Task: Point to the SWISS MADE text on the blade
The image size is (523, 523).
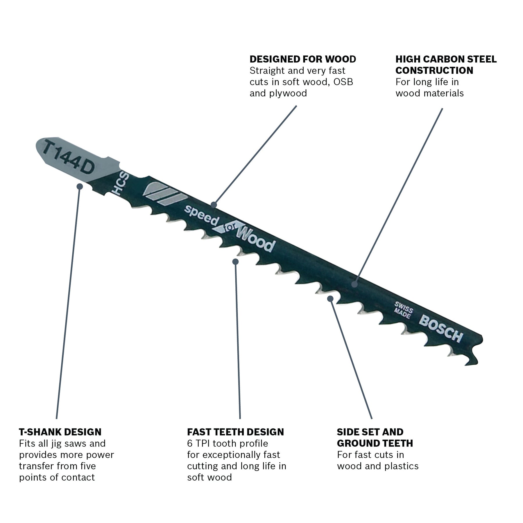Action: (x=403, y=310)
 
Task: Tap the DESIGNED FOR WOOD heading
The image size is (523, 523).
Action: (x=302, y=59)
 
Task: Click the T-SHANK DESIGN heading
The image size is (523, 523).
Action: (x=60, y=432)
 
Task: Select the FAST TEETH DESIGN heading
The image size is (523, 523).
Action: (x=235, y=432)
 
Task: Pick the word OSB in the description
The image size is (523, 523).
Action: (x=343, y=82)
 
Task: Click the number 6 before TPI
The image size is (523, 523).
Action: (x=190, y=443)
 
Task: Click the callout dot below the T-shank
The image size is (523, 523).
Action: (x=80, y=186)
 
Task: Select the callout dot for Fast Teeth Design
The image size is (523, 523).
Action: (x=236, y=261)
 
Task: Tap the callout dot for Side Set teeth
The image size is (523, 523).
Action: (x=330, y=298)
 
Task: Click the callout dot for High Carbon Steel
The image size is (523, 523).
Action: (x=354, y=284)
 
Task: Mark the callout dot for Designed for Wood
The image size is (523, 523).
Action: (x=214, y=205)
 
